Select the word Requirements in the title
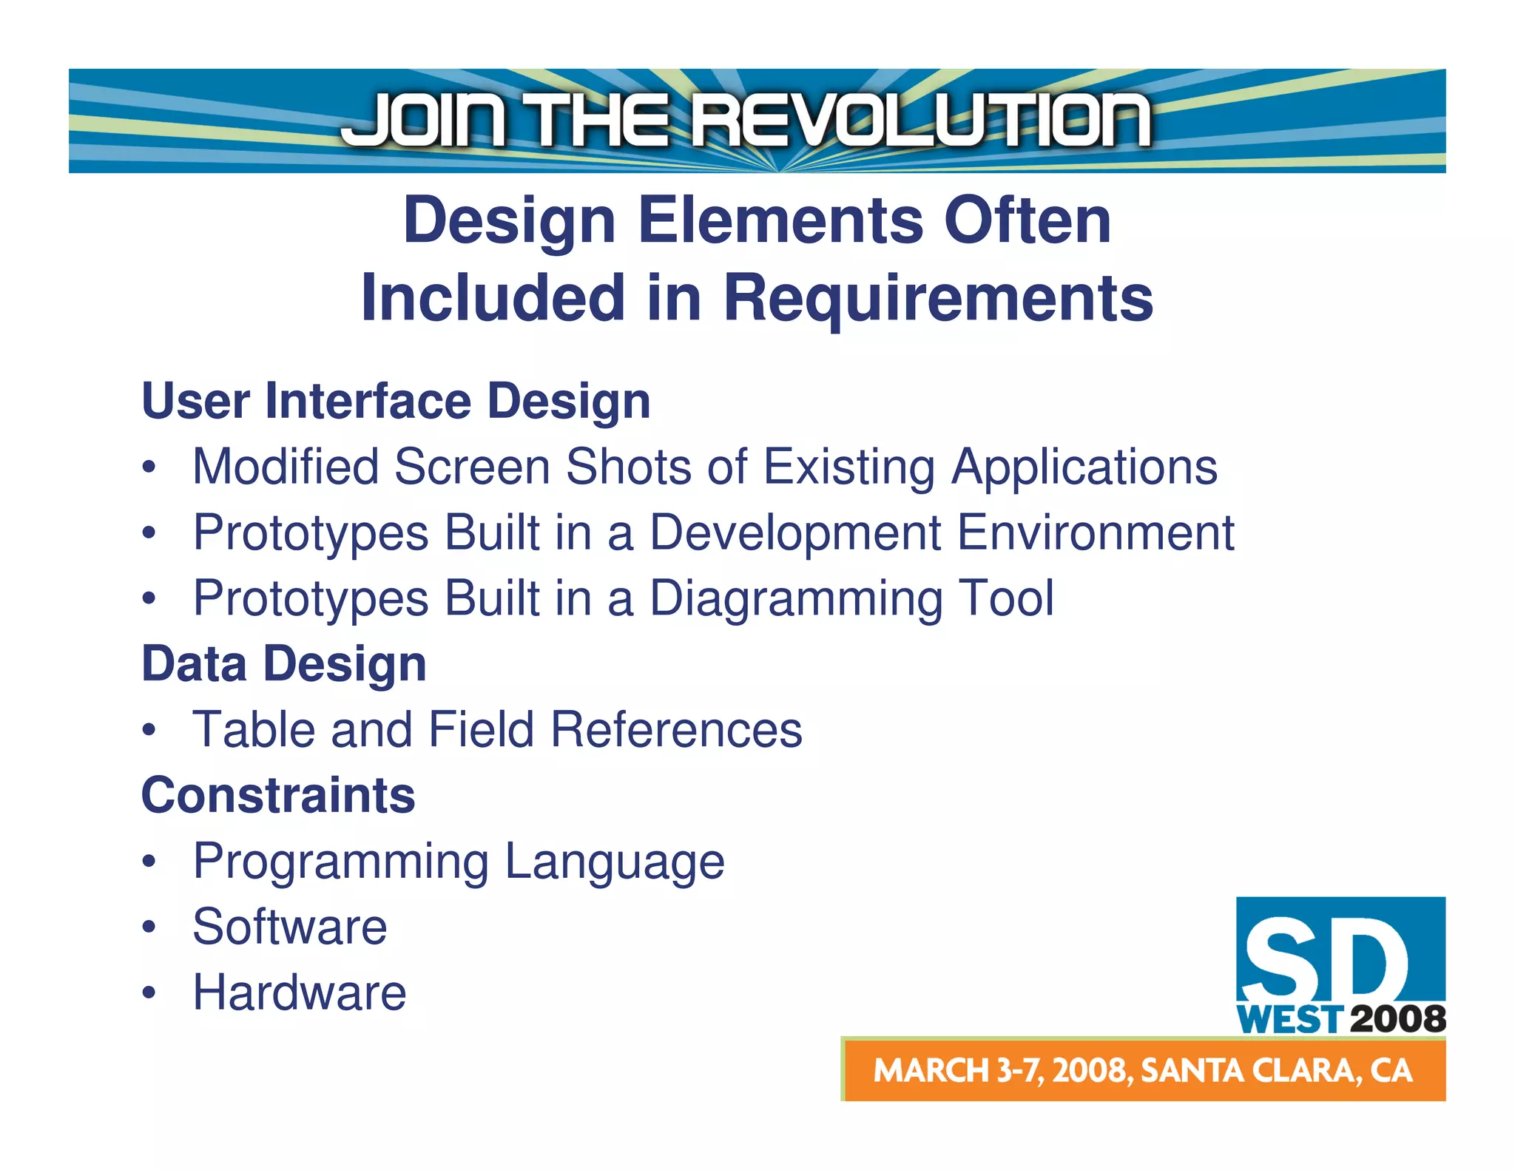point(938,298)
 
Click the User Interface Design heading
point(396,401)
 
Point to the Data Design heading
point(284,663)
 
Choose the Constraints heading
point(278,795)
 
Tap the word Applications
point(1084,467)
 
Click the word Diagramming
point(796,598)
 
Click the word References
point(676,730)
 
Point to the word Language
point(615,862)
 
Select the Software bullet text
point(290,927)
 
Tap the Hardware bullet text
point(300,993)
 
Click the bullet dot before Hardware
point(149,993)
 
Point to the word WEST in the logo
point(1289,1020)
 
